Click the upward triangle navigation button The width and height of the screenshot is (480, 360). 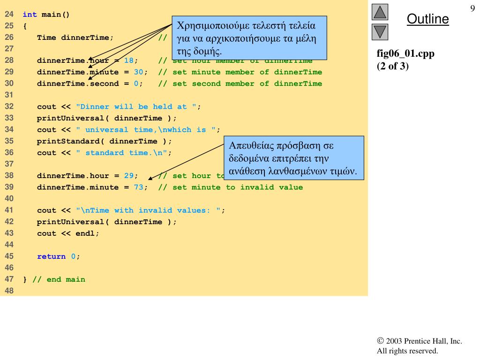point(380,12)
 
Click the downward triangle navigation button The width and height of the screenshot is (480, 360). point(380,32)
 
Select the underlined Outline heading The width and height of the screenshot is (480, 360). point(427,19)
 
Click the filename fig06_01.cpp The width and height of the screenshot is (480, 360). point(405,54)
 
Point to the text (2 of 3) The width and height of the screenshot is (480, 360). point(393,66)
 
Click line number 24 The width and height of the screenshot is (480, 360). point(9,15)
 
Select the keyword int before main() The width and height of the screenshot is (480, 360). point(30,15)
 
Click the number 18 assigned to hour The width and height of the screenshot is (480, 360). point(128,60)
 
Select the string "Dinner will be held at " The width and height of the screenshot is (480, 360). point(136,107)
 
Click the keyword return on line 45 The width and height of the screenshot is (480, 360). point(52,256)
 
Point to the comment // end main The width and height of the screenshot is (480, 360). point(59,279)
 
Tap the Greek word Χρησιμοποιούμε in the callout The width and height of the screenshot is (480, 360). point(210,25)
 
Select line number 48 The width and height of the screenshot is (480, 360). point(9,291)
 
